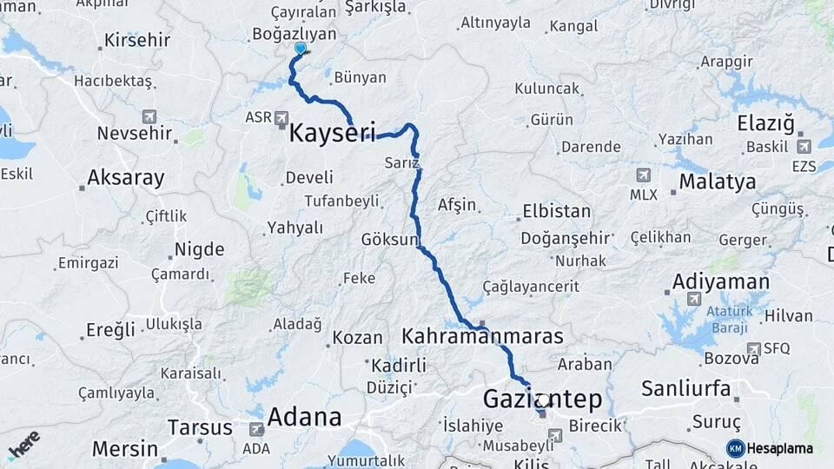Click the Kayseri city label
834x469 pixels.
331,134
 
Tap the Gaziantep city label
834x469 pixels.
542,400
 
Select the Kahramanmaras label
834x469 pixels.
483,336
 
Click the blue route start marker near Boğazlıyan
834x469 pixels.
300,50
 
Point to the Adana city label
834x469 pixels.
304,417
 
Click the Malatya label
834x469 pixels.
717,182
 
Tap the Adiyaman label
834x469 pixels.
720,282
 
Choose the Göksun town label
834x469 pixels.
390,239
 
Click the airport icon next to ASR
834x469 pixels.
281,117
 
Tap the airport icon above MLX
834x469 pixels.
643,175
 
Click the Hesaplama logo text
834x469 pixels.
779,448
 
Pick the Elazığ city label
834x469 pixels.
765,123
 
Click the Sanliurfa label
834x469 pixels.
685,388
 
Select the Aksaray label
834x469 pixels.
125,179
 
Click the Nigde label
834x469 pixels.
199,250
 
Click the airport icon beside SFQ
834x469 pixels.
752,348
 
